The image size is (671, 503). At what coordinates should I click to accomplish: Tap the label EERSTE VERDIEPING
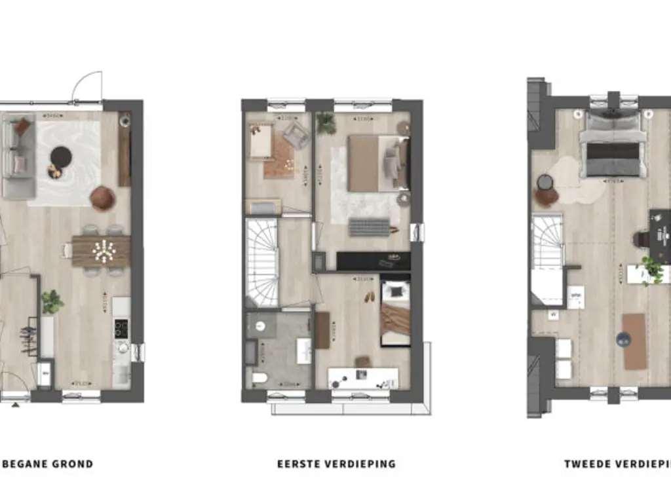coord(336,464)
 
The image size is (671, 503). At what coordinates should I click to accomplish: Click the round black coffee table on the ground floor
coord(61,156)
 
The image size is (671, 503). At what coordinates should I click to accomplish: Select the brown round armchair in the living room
coord(103,198)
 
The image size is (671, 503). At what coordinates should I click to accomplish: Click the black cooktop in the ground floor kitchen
coord(121,328)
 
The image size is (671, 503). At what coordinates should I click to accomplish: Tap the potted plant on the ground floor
coord(52,301)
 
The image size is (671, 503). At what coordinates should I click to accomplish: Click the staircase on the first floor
coord(262,262)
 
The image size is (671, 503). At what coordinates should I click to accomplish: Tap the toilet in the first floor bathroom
coord(259,378)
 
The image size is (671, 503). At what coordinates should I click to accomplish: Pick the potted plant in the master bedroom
coord(325,122)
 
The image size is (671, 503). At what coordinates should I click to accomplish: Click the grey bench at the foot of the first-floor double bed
coord(369,227)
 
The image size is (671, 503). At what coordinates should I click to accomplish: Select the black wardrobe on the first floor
coord(374,261)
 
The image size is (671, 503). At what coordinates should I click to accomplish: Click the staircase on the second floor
coord(547,252)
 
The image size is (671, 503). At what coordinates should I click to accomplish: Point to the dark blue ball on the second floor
coord(622,339)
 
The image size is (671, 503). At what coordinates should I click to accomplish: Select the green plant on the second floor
coord(651,269)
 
